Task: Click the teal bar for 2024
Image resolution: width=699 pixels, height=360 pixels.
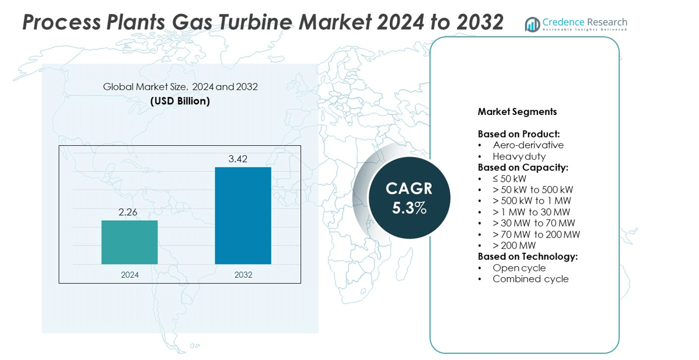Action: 130,242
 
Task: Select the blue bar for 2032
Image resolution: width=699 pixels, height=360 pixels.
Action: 243,216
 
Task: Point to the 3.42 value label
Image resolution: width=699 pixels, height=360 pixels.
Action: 243,159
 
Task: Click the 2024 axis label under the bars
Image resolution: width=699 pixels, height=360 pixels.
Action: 130,274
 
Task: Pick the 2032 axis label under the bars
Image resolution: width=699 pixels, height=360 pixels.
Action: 243,274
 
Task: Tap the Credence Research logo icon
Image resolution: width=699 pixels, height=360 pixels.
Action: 532,24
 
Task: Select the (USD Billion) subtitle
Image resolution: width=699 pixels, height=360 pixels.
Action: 180,101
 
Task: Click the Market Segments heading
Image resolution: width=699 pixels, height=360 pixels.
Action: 517,111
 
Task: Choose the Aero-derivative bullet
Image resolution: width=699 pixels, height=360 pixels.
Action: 528,145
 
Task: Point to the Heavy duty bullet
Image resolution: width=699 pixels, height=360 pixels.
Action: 519,156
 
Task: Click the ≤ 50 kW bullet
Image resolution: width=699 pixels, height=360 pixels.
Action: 509,179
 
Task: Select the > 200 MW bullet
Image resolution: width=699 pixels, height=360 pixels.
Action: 514,246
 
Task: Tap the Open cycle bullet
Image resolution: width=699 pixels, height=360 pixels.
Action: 519,268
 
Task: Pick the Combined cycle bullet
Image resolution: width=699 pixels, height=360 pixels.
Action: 530,279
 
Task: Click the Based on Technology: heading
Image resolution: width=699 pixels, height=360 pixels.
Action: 527,257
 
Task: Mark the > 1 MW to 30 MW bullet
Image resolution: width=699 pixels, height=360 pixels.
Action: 531,212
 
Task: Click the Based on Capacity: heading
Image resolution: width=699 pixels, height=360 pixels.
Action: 523,167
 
